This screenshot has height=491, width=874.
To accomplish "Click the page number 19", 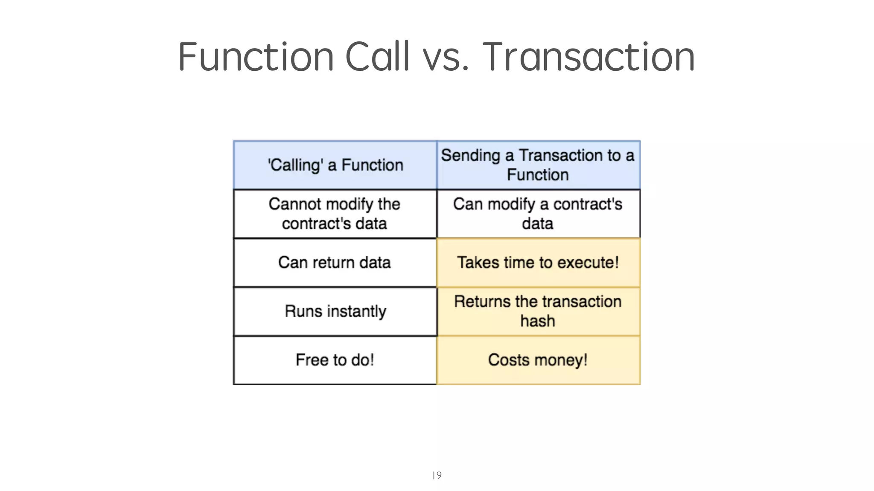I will (x=437, y=475).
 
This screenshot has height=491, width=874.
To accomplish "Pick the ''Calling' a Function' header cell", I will (x=335, y=165).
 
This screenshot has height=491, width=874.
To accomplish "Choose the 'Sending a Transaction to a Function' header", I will (x=538, y=165).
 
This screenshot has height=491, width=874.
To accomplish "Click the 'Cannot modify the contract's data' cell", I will (x=335, y=214).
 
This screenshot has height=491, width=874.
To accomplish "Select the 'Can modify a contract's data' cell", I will (x=538, y=214).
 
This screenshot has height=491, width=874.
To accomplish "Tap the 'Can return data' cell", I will (x=335, y=263).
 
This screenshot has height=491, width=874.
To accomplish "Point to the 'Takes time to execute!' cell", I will (x=538, y=263).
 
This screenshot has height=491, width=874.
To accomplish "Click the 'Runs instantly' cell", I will (x=335, y=311).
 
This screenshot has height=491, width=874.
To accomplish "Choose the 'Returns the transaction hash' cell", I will (x=538, y=311).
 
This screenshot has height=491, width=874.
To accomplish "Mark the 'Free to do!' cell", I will (x=335, y=360).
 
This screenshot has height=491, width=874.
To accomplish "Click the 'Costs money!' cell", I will (x=538, y=360).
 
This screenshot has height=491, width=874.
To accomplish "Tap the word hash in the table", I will (x=538, y=321).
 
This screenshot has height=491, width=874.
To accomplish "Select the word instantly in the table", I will (x=356, y=311).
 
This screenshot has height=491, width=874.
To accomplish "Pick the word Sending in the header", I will (x=470, y=156).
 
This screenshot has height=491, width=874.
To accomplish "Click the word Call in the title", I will (x=377, y=57).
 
